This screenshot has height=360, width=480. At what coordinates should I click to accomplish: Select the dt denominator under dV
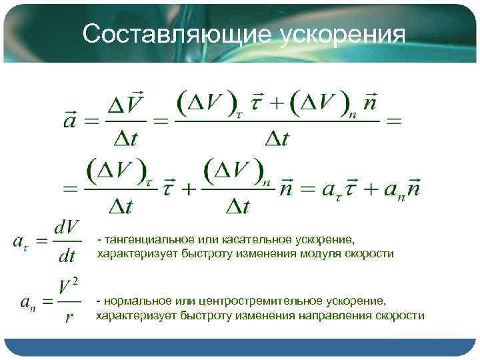pyautogui.click(x=67, y=255)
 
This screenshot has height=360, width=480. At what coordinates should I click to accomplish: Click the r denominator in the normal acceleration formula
pyautogui.click(x=69, y=316)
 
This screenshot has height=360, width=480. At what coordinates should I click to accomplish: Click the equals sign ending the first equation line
pyautogui.click(x=395, y=121)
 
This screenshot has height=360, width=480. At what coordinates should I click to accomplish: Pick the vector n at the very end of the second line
pyautogui.click(x=413, y=188)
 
